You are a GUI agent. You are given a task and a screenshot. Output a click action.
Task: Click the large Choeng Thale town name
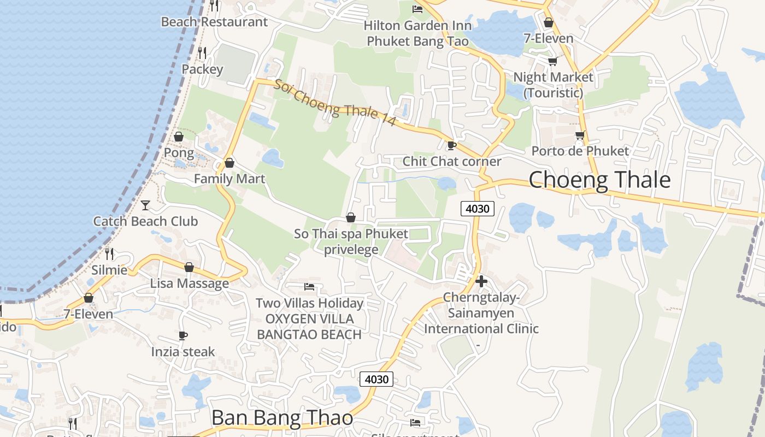coord(599,180)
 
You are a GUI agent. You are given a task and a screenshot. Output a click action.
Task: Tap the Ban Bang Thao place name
coord(282,418)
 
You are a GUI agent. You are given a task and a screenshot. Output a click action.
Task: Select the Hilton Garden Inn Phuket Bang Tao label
coord(417,33)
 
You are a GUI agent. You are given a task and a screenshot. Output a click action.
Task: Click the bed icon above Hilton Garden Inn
coord(417,9)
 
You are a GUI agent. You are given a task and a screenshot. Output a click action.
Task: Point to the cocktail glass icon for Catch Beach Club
coord(145,205)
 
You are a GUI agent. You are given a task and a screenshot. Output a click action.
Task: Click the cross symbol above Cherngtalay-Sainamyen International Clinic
coord(481,281)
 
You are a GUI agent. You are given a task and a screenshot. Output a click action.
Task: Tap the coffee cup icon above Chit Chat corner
coord(451,145)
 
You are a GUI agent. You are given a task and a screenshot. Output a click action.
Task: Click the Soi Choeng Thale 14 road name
coord(334,103)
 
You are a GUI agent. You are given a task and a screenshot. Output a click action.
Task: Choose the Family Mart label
coord(229,179)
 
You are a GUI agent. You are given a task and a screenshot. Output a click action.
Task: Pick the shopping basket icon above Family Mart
coord(229,163)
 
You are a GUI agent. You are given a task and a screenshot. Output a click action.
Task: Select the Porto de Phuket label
coord(580,151)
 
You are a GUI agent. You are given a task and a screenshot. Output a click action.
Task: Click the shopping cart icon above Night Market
coord(553,61)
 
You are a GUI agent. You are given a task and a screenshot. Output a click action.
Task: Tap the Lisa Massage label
coord(190,284)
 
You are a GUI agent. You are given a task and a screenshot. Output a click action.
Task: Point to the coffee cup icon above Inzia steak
coord(183,335)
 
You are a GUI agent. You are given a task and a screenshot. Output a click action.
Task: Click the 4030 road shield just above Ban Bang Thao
coord(376,379)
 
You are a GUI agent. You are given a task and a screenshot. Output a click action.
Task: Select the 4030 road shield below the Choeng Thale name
coord(478,208)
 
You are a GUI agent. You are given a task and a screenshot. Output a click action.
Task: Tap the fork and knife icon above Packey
coord(202,52)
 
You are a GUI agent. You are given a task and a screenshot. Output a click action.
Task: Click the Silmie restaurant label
coord(109,270)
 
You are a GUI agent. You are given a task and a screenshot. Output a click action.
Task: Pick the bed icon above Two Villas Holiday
coord(309,287)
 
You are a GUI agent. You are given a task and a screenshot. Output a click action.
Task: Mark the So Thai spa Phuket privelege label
coord(351,242)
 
